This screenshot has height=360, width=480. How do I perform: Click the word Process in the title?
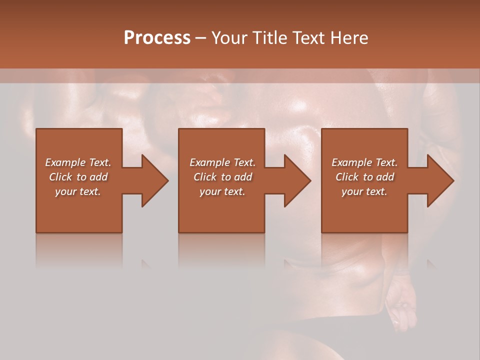click(x=157, y=38)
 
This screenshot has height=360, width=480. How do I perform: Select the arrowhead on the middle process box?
click(x=297, y=180)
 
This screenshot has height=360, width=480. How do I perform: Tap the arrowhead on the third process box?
click(x=440, y=180)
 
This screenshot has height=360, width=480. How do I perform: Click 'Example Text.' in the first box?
click(x=78, y=162)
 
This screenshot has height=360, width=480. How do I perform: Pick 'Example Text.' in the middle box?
click(x=222, y=162)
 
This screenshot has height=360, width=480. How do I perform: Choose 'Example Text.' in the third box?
click(x=364, y=162)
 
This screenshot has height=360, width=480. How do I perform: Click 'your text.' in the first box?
click(x=78, y=191)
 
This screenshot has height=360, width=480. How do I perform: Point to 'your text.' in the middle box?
click(x=222, y=191)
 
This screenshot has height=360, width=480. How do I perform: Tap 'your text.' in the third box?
click(x=364, y=191)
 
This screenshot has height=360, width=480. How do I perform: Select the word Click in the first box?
click(x=60, y=177)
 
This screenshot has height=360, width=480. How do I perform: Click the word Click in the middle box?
click(x=205, y=177)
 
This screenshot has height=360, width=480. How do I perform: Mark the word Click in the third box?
click(x=347, y=177)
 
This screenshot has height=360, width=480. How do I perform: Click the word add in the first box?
click(x=98, y=177)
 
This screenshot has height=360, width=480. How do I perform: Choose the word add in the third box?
click(x=385, y=177)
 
